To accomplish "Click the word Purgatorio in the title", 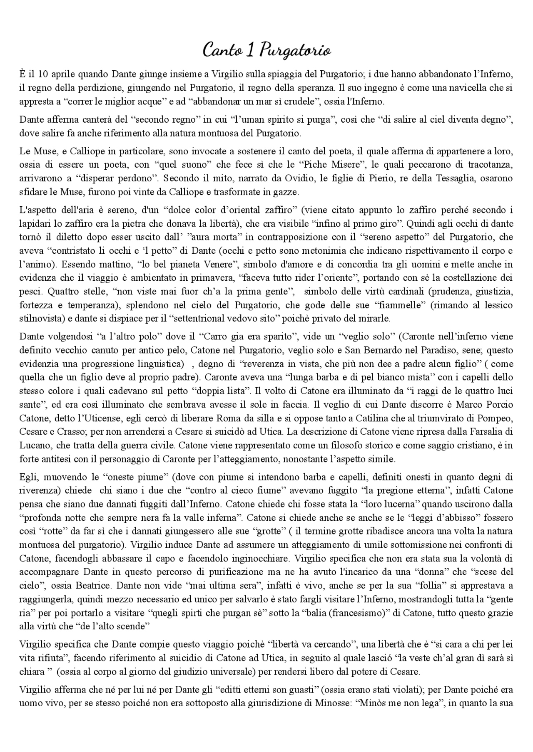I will [295, 50].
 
